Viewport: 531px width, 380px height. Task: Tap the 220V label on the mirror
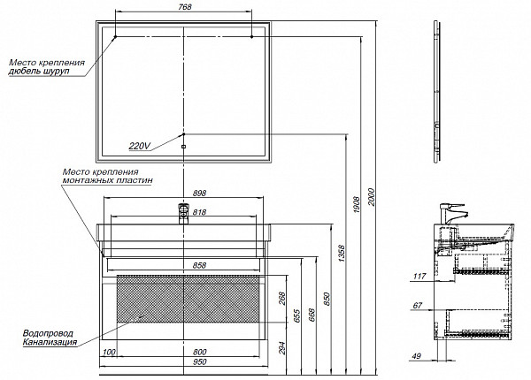tap(140, 146)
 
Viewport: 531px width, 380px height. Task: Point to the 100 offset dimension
tap(109, 353)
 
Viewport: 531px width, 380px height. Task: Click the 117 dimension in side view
tap(419, 277)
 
